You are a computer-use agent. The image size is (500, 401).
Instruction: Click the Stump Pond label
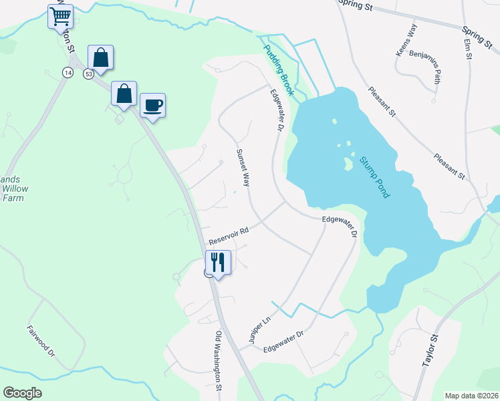[x=374, y=176]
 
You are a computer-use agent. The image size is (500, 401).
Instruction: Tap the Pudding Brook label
[x=278, y=70]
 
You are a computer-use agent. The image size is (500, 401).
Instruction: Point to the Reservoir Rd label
[x=229, y=234]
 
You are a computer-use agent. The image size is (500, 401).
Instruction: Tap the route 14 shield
[x=68, y=72]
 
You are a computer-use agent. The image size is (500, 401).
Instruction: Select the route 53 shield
[x=88, y=74]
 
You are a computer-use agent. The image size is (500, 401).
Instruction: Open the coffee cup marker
[x=152, y=104]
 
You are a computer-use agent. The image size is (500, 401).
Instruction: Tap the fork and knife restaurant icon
[x=218, y=261]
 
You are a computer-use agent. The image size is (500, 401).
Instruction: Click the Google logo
[x=23, y=393]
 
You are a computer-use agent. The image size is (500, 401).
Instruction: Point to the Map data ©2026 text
[x=471, y=396]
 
